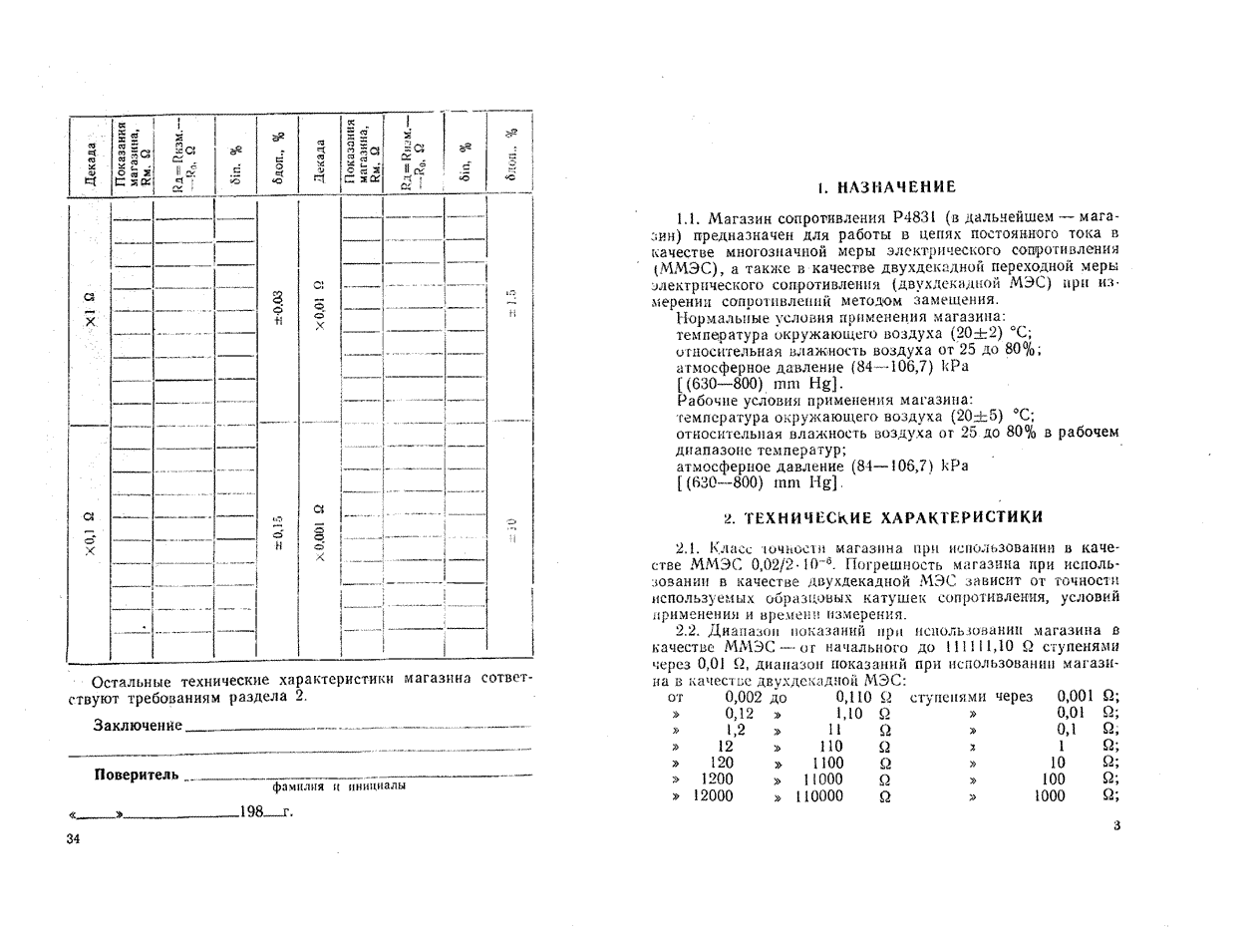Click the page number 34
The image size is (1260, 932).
(x=73, y=838)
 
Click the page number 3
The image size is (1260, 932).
(x=1116, y=824)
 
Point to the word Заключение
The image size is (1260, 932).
(x=138, y=725)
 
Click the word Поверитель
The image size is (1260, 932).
(x=137, y=775)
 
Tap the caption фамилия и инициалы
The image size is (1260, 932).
(x=338, y=785)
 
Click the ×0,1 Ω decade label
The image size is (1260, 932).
(x=91, y=533)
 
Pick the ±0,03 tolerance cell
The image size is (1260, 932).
(x=278, y=308)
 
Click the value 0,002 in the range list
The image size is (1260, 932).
(x=743, y=697)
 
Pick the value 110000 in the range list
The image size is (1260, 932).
(x=818, y=795)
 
